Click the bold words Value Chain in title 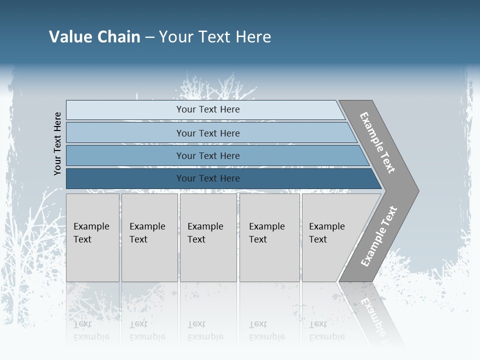pos(94,37)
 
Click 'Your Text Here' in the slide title pos(215,37)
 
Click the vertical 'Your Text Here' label pos(57,143)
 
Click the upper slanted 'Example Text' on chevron pos(377,142)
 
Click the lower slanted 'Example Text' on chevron pos(378,236)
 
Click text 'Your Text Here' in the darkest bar pos(208,178)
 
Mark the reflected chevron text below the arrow pos(373,315)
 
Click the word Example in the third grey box pos(205,226)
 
